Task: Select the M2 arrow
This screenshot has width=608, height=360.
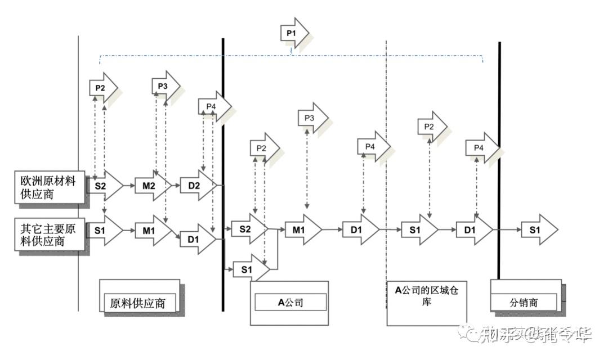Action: pyautogui.click(x=151, y=184)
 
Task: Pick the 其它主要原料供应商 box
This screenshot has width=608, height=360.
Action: pyautogui.click(x=50, y=235)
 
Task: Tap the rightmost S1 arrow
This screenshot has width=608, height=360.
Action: pyautogui.click(x=538, y=229)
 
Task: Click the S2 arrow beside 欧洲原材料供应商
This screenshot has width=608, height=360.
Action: pyautogui.click(x=104, y=184)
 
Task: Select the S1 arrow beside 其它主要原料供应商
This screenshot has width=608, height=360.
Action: pyautogui.click(x=104, y=229)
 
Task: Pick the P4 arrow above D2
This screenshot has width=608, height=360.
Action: pyautogui.click(x=213, y=106)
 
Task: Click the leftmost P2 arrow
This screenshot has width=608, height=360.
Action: pyautogui.click(x=102, y=88)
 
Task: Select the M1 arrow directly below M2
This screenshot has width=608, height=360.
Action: pyautogui.click(x=151, y=229)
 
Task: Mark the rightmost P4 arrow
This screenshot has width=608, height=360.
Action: pyautogui.click(x=481, y=147)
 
